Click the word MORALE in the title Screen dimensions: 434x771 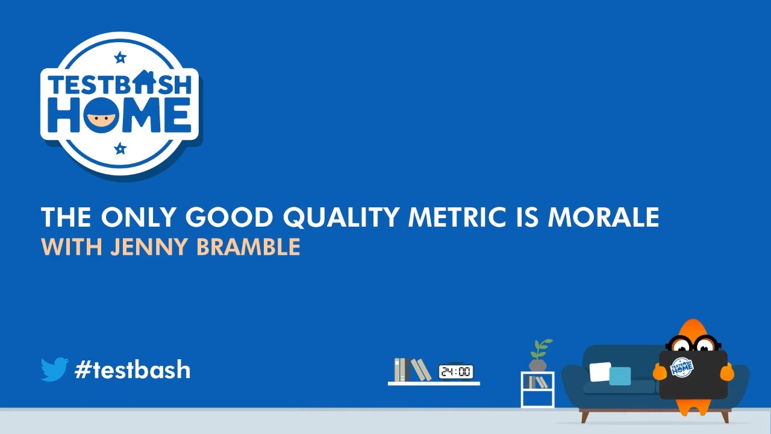point(603,217)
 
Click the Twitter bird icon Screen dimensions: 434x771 point(54,369)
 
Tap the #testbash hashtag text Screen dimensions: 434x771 point(133,370)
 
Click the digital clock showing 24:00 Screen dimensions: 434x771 point(456,372)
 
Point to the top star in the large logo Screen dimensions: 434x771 point(120,58)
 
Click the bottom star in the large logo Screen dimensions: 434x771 point(120,148)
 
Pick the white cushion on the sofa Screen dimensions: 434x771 point(599,372)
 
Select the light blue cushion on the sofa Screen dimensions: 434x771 point(620,376)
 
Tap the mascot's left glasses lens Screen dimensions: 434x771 point(681,345)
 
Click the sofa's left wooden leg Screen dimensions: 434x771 point(584,416)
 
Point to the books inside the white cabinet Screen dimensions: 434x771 point(536,382)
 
